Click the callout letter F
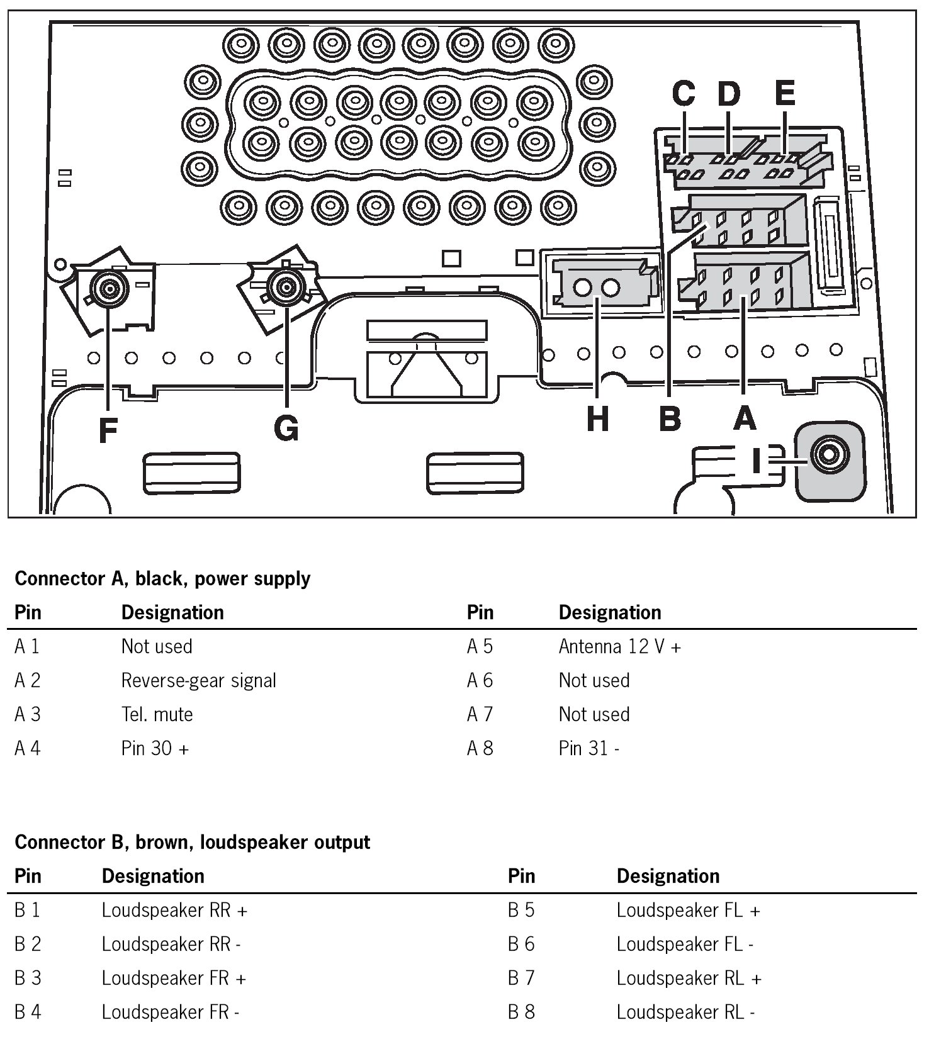(x=108, y=431)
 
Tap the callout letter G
(x=286, y=429)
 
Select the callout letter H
(x=597, y=418)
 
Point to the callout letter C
(x=684, y=94)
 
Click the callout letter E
(x=784, y=93)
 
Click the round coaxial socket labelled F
(x=110, y=289)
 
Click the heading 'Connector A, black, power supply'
(x=162, y=578)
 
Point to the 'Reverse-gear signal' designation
(x=198, y=680)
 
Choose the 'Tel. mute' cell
(x=157, y=714)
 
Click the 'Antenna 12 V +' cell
(x=619, y=646)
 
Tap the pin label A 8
(x=480, y=748)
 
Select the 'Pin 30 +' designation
(x=155, y=748)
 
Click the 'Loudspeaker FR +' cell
(x=174, y=978)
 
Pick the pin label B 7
(x=521, y=978)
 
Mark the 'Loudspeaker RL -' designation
(x=685, y=1012)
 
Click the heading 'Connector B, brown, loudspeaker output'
(x=192, y=842)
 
